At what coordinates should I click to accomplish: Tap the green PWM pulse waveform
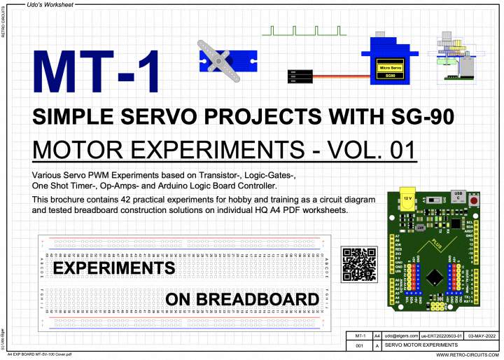304,32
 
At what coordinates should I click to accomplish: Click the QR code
357,263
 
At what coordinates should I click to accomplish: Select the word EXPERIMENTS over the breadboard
114,268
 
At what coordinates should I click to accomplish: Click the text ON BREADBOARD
242,300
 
